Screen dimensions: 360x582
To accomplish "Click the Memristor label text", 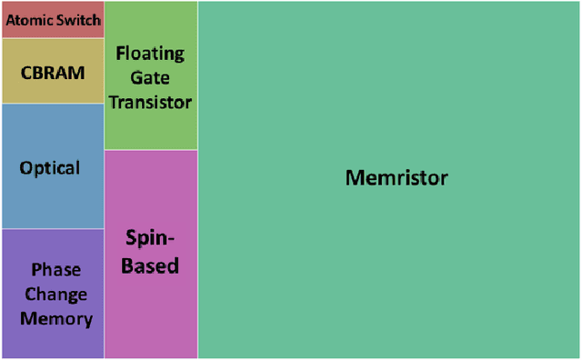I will pyautogui.click(x=396, y=177).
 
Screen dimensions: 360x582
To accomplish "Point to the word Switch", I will pyautogui.click(x=79, y=20).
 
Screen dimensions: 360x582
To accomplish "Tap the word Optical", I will pyautogui.click(x=50, y=168).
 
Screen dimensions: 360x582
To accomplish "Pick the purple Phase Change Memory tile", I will pyautogui.click(x=53, y=341).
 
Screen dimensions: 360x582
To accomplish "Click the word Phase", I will pyautogui.click(x=56, y=270).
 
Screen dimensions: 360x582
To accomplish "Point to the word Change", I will pyautogui.click(x=56, y=295).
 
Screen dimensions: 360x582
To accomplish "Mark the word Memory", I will pyautogui.click(x=56, y=319).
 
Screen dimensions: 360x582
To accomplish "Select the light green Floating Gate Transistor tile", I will pyautogui.click(x=151, y=127).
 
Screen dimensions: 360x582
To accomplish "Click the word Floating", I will pyautogui.click(x=150, y=54).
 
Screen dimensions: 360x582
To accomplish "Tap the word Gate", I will pyautogui.click(x=150, y=78).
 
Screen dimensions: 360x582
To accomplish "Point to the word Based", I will pyautogui.click(x=151, y=266).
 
